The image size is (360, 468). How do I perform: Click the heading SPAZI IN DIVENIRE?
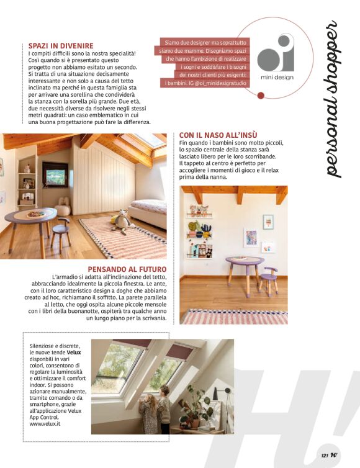(61, 45)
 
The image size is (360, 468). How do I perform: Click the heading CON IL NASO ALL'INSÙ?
(218, 135)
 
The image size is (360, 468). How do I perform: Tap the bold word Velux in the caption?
(74, 352)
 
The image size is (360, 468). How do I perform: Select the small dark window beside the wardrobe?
(55, 174)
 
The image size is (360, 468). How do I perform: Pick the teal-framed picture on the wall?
(268, 222)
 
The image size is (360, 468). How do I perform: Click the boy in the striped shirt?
(164, 410)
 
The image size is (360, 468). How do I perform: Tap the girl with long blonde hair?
(148, 415)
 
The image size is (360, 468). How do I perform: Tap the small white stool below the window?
(63, 209)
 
